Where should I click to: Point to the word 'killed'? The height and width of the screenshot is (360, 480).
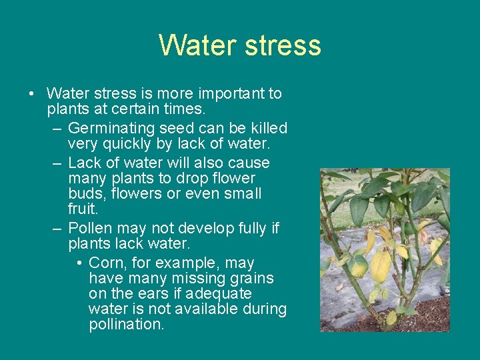point(267,128)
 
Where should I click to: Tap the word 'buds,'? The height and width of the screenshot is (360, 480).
point(88,194)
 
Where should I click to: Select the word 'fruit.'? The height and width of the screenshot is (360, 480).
point(83,209)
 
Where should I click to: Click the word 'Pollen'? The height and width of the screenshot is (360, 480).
point(89,228)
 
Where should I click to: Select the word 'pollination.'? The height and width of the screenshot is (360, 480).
point(126,325)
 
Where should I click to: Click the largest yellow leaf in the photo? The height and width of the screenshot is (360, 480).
point(381,265)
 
